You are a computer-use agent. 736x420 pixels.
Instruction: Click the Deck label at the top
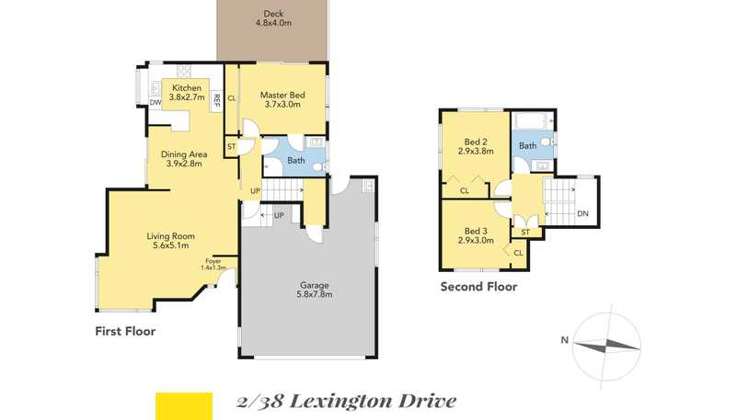273,18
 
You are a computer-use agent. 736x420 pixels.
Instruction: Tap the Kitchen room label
187,92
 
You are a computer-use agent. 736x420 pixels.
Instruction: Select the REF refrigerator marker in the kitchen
217,100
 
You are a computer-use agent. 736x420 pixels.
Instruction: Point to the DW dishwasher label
155,102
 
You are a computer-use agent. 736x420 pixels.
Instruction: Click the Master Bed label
282,99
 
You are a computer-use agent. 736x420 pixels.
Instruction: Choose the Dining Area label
184,159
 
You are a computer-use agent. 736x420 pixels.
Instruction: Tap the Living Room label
170,241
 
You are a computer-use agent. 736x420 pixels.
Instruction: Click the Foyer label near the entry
213,265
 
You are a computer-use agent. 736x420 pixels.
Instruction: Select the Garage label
315,289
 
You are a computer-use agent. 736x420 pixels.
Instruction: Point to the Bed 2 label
476,146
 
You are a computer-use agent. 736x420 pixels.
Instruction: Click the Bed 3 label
476,235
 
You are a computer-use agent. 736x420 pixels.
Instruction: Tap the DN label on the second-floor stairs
582,214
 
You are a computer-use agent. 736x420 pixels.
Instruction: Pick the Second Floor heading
478,287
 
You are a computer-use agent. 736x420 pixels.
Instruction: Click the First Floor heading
125,331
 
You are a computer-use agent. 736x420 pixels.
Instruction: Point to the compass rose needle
606,346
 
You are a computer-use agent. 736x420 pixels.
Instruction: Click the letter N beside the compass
565,340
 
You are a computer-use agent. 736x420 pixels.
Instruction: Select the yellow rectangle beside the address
184,406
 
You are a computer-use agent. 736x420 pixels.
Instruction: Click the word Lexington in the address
341,402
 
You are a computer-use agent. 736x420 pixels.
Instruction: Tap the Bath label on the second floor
527,146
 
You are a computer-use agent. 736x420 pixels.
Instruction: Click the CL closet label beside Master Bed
232,98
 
